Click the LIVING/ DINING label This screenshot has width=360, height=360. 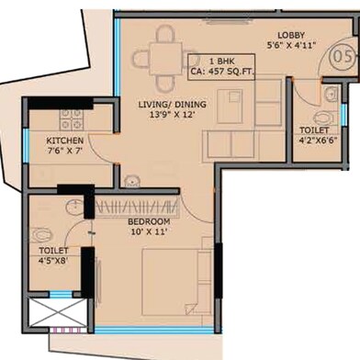[172, 105]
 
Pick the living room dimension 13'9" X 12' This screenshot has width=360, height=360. [172, 117]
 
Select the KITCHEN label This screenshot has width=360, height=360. [65, 141]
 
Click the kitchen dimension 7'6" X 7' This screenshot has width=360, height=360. [65, 152]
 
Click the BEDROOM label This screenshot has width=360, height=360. [149, 223]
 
